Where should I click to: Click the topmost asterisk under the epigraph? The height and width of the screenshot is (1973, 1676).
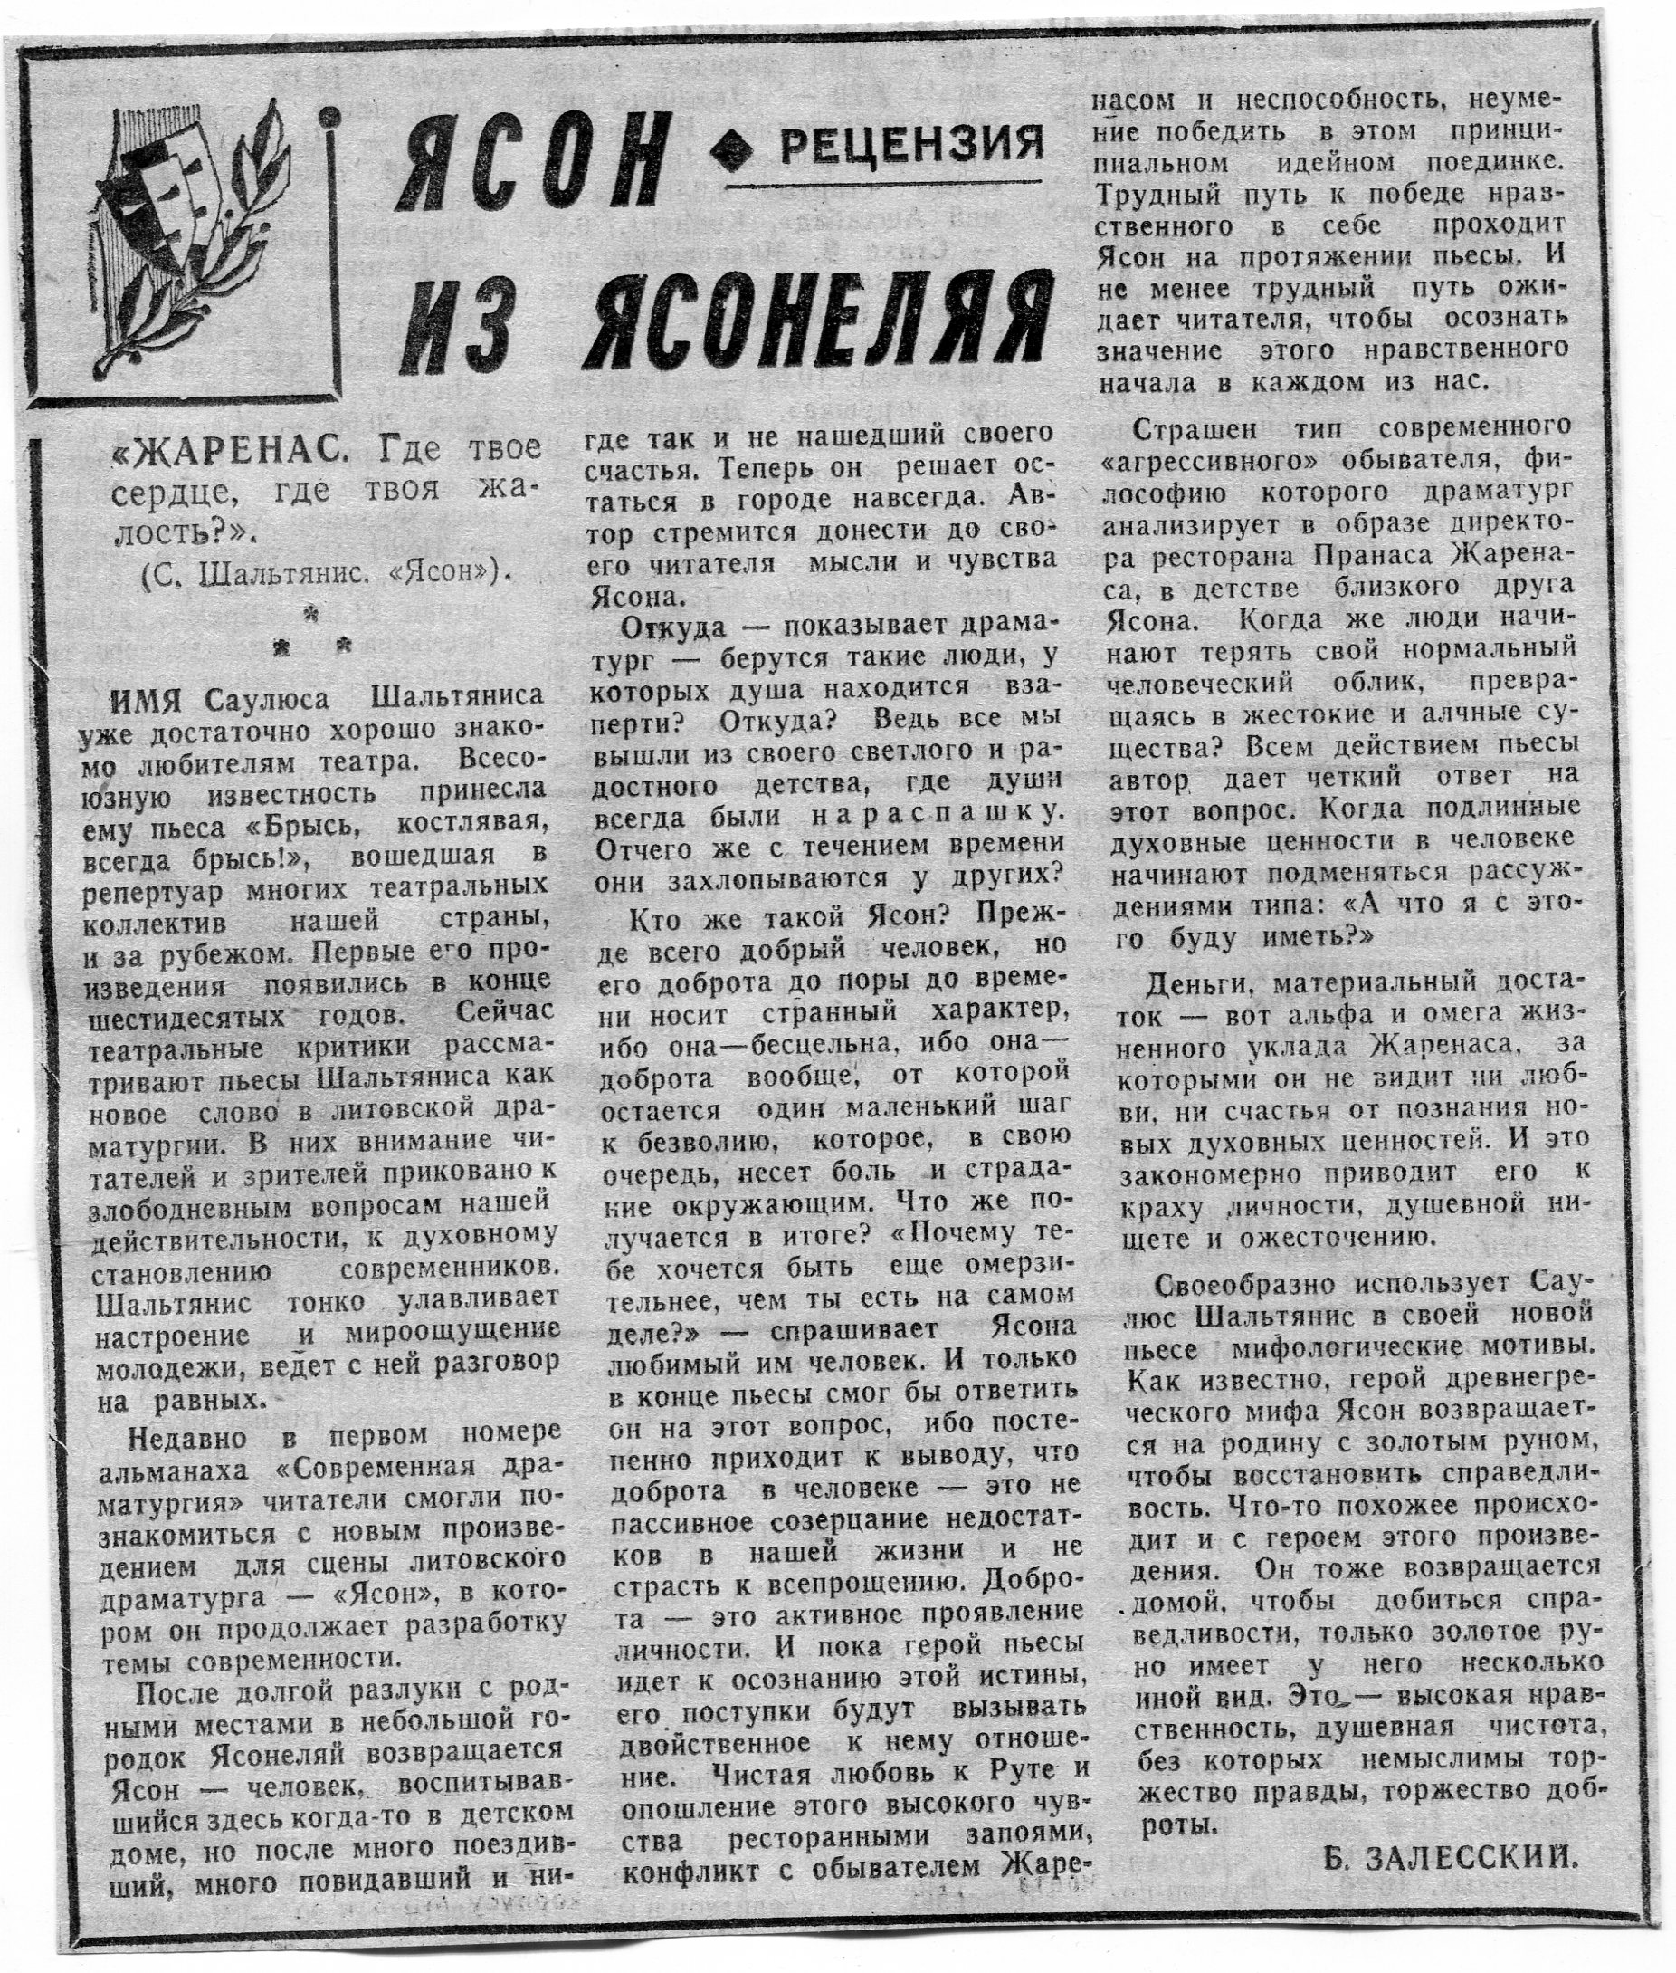click(310, 616)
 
